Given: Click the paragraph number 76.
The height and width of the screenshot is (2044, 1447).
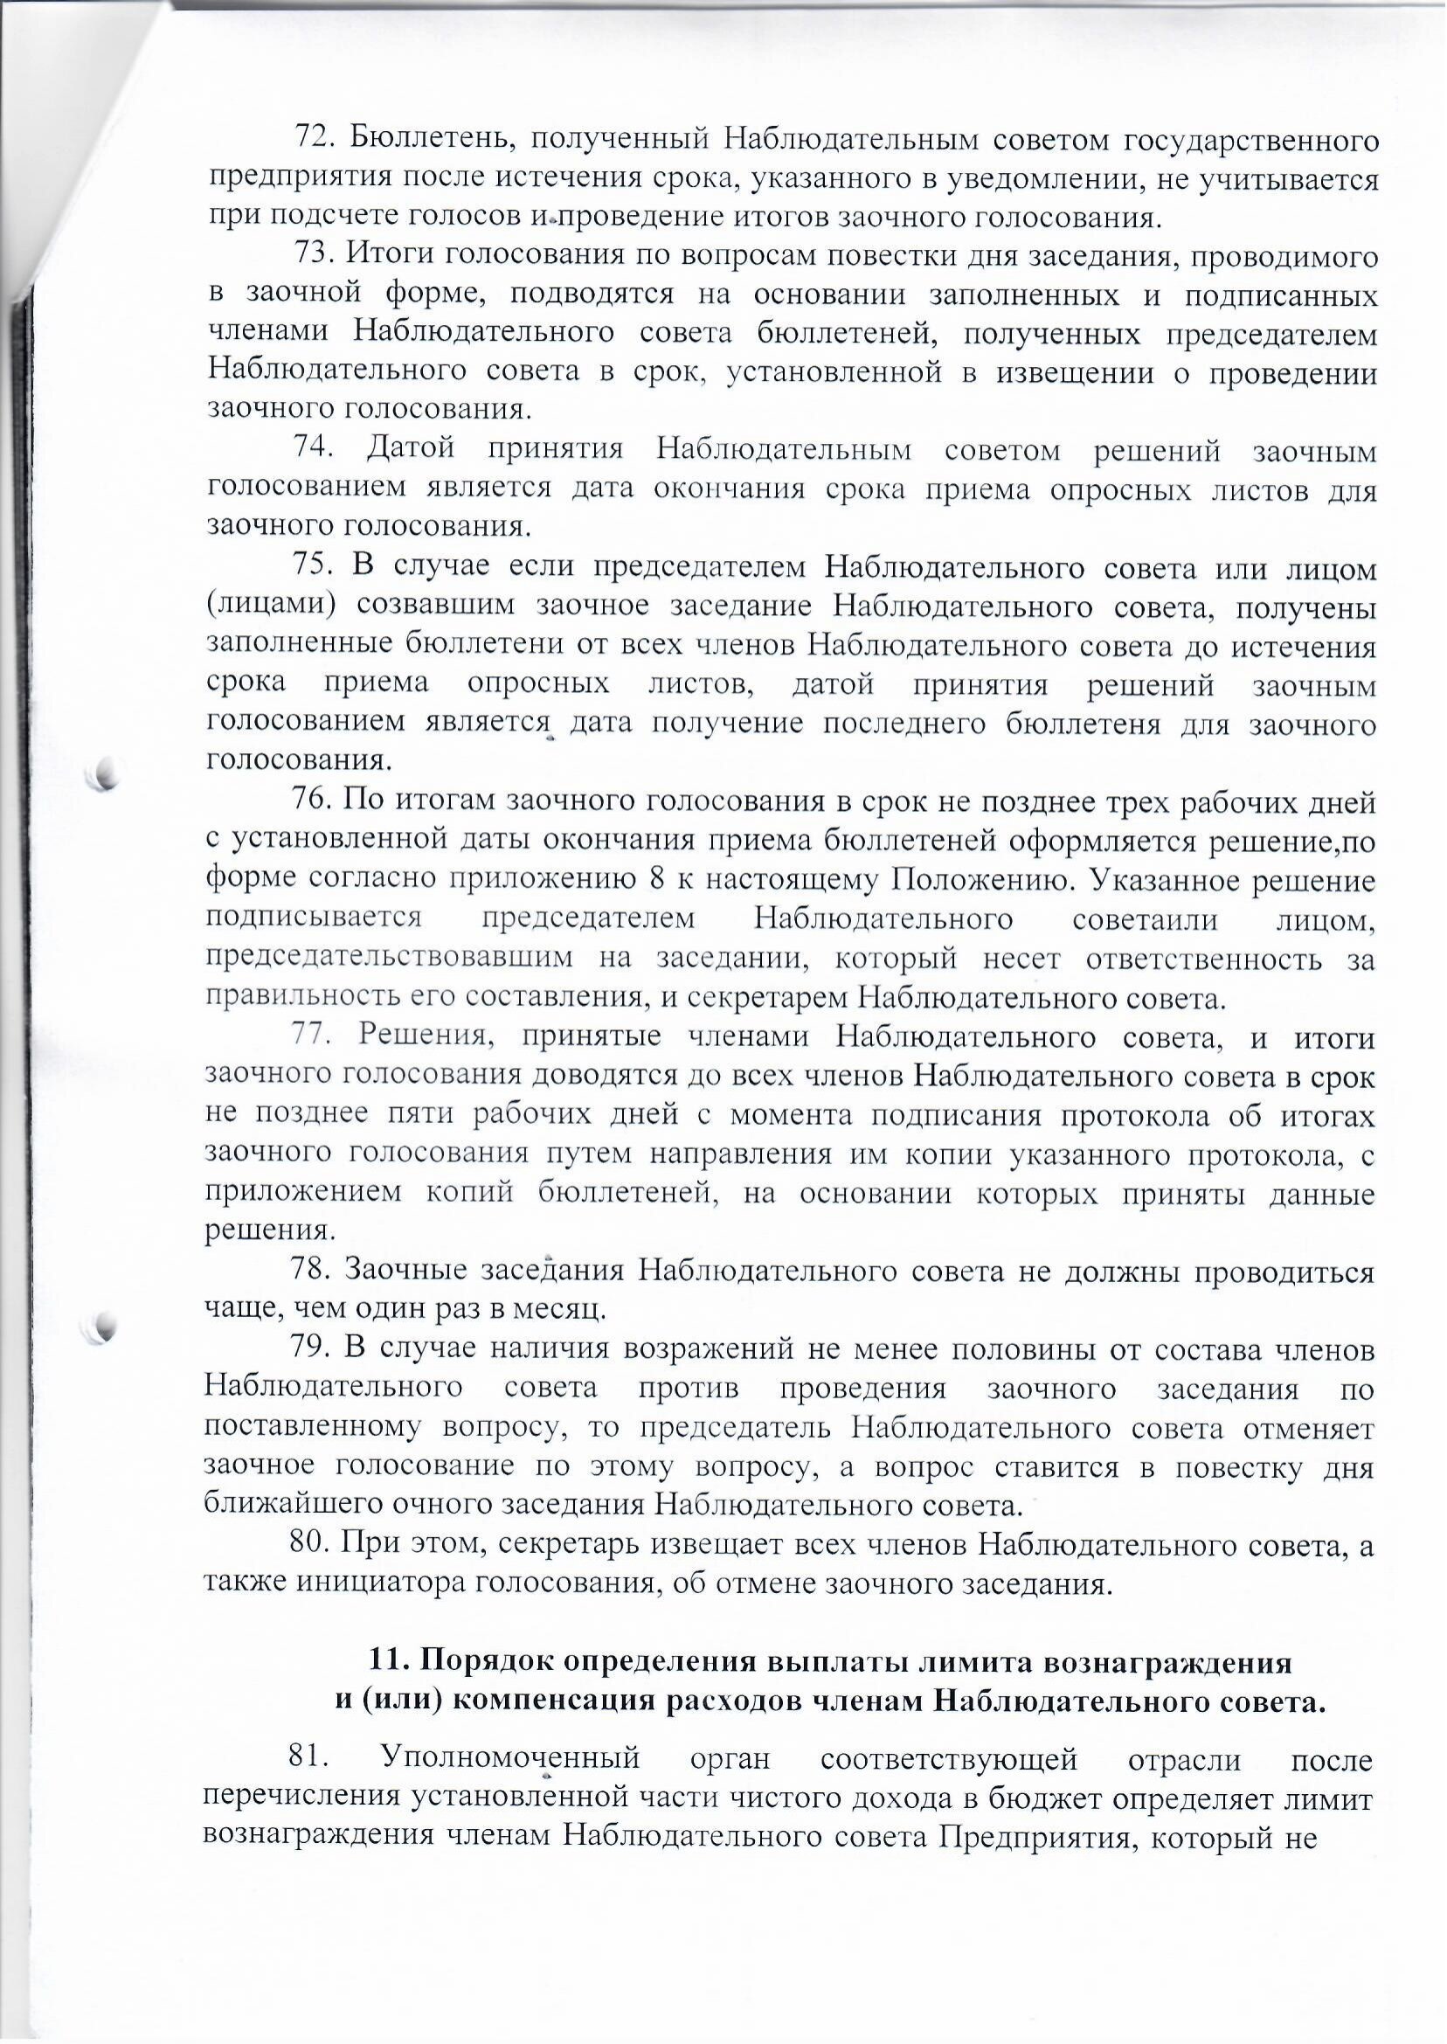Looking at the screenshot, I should point(312,801).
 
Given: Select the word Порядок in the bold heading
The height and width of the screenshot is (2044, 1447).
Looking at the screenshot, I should point(487,1663).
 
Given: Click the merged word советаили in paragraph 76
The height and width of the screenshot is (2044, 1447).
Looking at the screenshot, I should point(1145,918).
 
